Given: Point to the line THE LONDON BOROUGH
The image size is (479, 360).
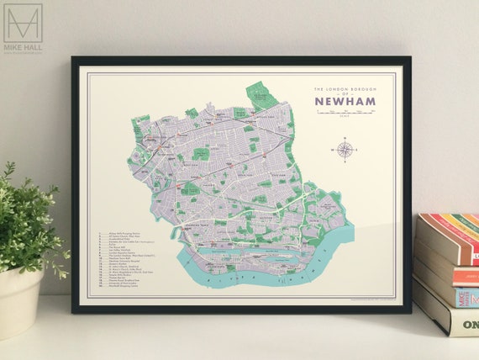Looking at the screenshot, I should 347,87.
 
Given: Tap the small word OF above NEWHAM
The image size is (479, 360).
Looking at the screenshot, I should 347,93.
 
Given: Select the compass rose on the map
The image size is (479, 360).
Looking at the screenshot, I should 345,151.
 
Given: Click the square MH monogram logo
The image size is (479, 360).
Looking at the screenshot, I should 23,23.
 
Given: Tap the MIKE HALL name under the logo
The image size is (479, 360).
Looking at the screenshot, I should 23,48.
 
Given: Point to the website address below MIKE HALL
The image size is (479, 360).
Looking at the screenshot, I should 23,54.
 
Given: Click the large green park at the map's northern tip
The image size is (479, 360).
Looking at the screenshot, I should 261,94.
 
